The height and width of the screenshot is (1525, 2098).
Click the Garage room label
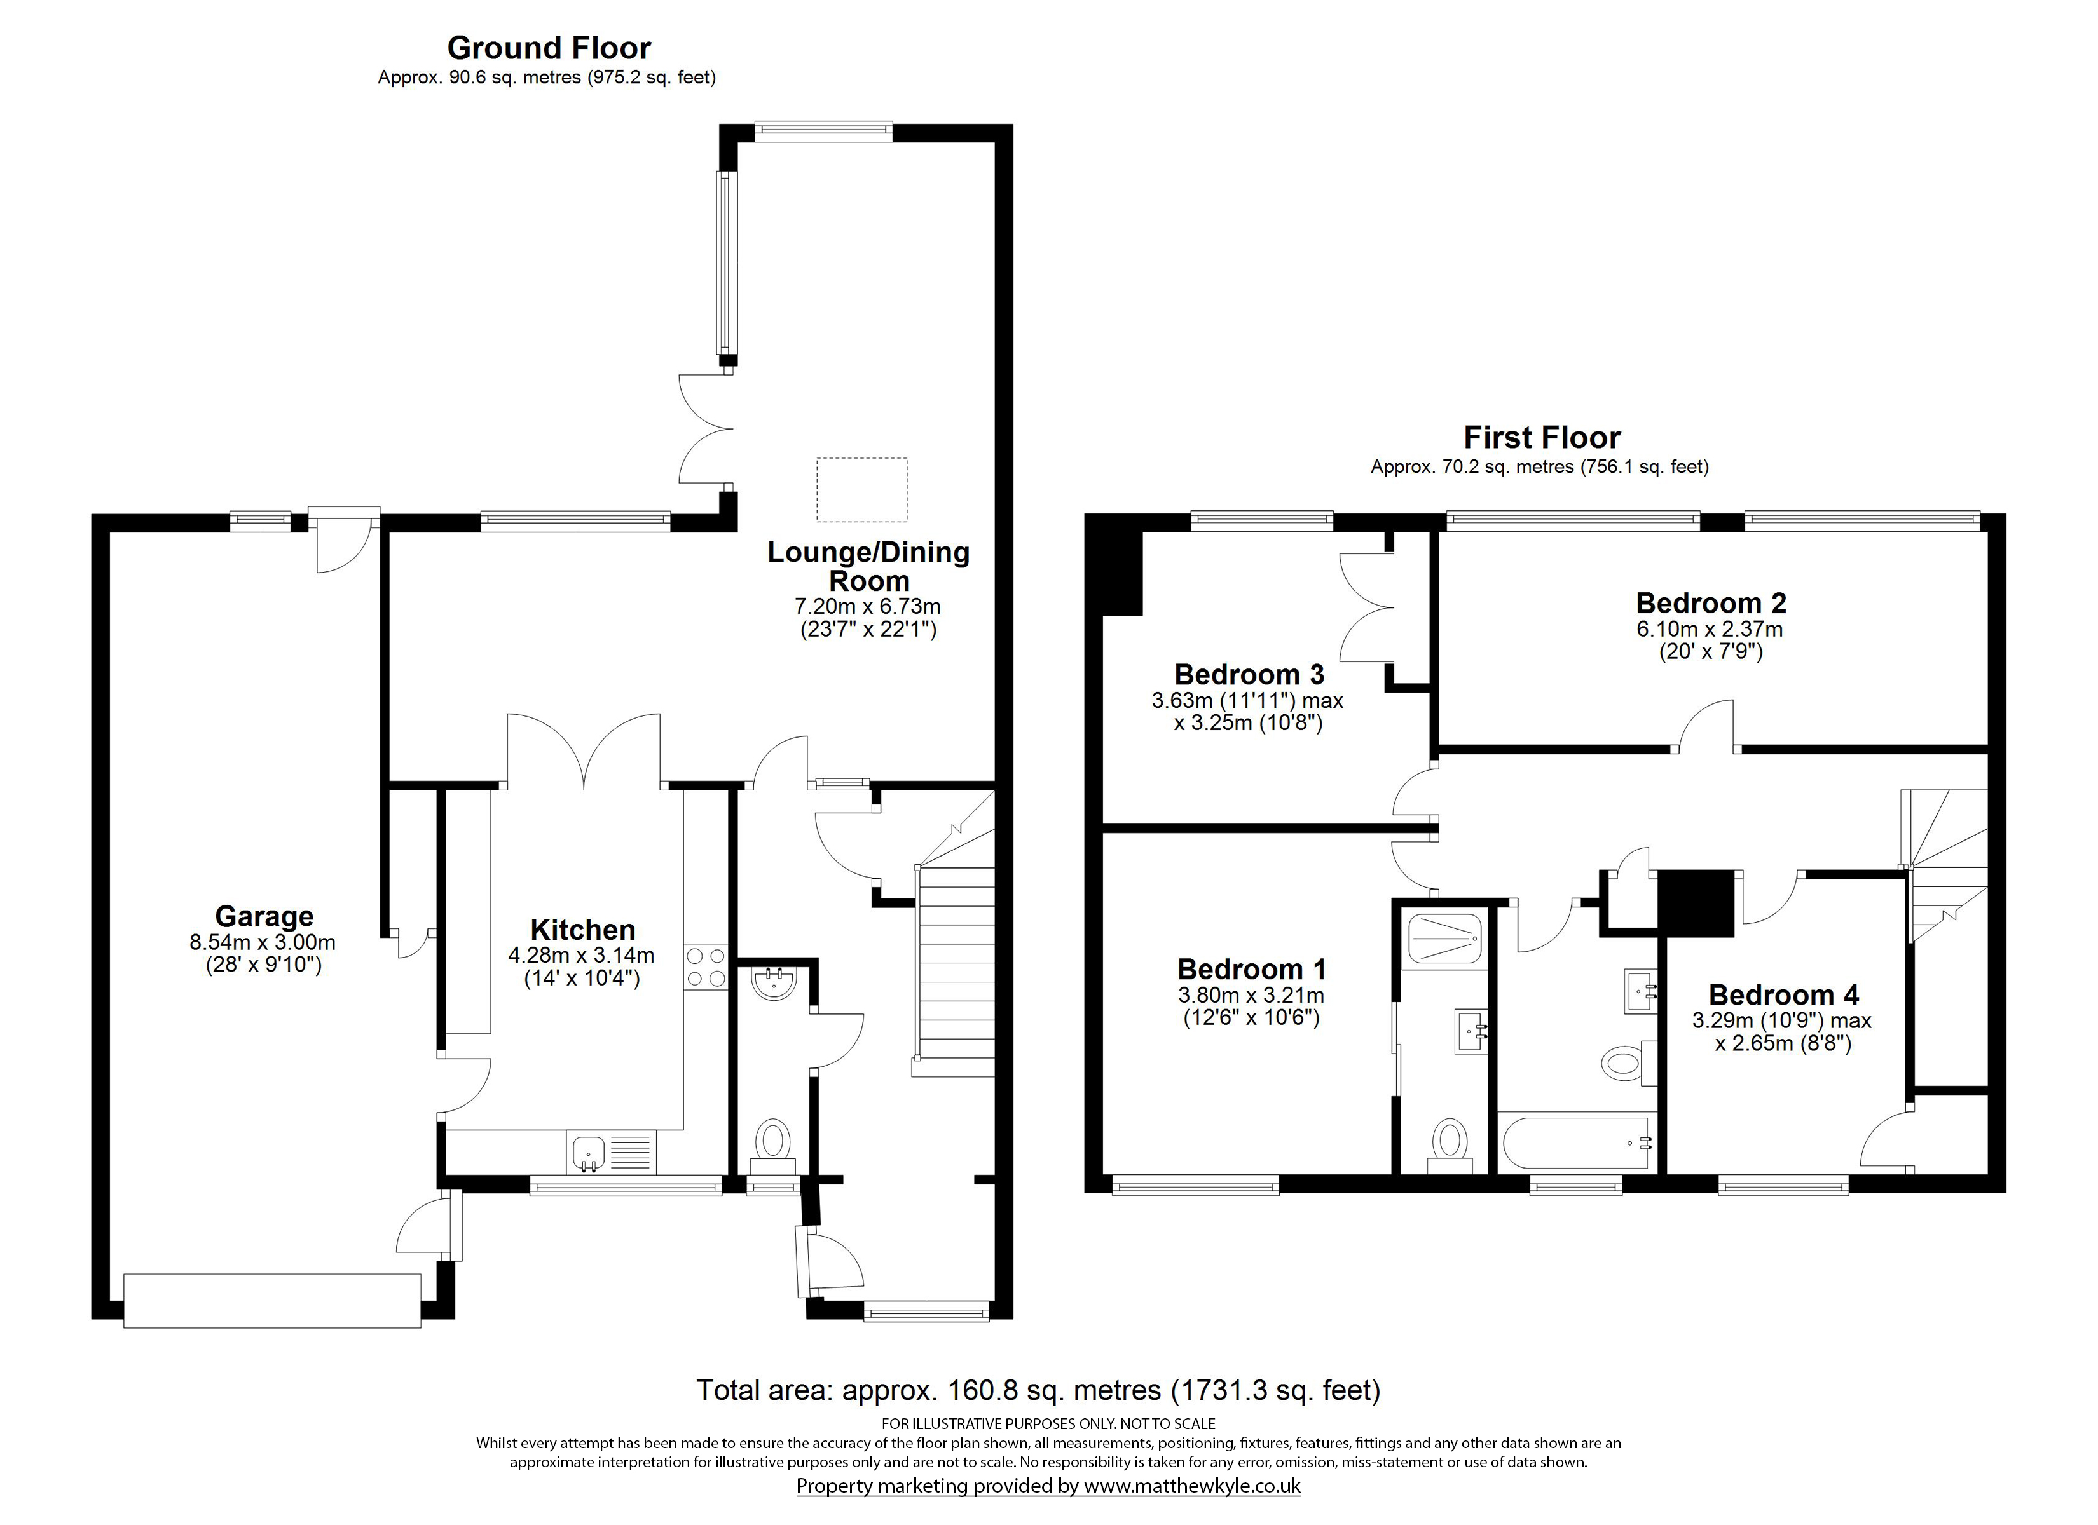(264, 916)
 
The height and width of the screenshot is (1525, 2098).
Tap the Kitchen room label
(583, 930)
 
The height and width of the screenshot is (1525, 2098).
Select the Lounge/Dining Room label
(868, 566)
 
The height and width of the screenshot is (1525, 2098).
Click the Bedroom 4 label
(1783, 994)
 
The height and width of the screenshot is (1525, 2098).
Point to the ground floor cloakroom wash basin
(773, 983)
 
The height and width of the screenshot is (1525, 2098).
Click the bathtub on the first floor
(1577, 1143)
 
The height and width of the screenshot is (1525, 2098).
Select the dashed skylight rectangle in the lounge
(861, 489)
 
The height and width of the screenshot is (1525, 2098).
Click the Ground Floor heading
(549, 47)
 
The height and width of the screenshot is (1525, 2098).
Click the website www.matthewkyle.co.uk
(1193, 1485)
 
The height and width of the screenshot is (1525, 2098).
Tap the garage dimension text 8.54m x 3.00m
(263, 942)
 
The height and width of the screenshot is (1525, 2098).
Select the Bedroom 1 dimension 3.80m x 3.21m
(1251, 995)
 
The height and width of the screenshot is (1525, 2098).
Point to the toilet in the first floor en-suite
(1450, 1146)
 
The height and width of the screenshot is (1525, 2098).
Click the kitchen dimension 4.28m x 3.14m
(581, 955)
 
